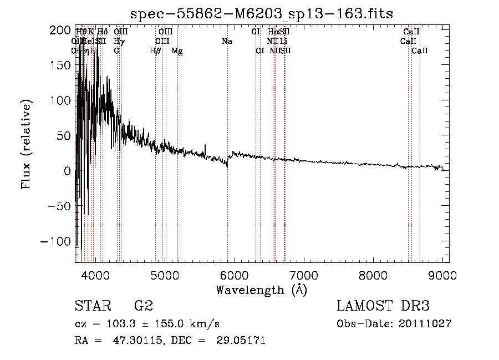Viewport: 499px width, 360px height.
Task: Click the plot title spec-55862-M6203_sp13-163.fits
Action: coord(261,13)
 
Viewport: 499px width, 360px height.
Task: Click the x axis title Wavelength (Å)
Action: coord(261,290)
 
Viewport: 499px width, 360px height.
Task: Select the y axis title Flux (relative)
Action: coord(26,144)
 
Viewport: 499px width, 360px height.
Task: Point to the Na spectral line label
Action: coord(227,42)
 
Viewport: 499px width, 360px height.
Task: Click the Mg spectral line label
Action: coord(177,51)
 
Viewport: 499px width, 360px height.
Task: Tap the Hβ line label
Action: coord(155,51)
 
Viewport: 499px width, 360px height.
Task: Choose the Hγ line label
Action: coord(119,42)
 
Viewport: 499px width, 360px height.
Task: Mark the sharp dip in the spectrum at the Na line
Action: coord(227,167)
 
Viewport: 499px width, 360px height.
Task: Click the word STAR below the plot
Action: coord(91,306)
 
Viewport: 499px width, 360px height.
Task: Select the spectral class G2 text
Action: coord(144,306)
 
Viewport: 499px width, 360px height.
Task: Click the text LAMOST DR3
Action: coord(383,306)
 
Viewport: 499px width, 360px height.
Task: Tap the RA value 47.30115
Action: coord(122,341)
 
